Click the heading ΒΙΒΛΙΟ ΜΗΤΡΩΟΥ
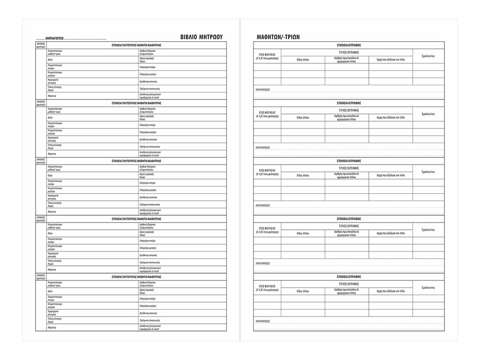point(201,37)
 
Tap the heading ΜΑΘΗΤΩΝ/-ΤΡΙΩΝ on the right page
point(278,37)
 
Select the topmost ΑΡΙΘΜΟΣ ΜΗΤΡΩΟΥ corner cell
point(41,45)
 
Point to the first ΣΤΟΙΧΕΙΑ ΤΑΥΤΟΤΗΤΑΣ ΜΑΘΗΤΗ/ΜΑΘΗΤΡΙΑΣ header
point(136,45)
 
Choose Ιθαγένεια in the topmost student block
point(52,95)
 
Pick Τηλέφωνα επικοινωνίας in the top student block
point(150,88)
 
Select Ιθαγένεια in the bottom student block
point(52,328)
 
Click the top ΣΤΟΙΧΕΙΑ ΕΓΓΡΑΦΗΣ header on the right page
point(349,45)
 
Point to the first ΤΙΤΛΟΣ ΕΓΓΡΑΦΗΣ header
point(349,52)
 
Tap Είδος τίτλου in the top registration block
point(303,60)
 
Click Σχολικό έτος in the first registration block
point(428,56)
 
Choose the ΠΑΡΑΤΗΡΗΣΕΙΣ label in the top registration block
point(262,89)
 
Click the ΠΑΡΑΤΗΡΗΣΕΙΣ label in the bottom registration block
point(262,321)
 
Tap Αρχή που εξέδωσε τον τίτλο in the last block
point(390,292)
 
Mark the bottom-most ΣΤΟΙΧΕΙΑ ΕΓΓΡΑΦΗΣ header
point(349,277)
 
